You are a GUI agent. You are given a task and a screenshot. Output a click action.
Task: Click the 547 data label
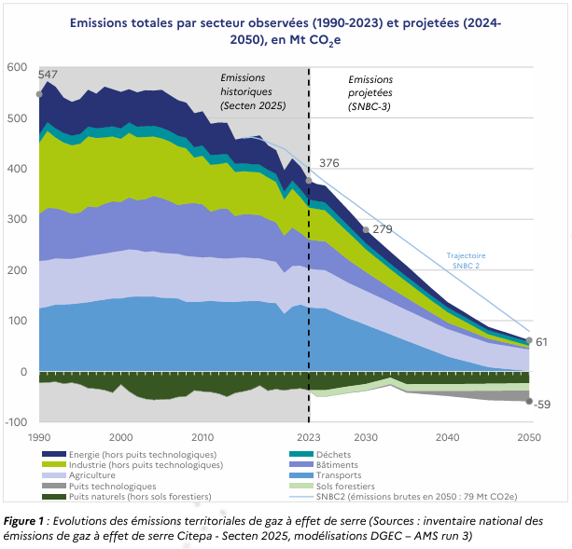coord(48,74)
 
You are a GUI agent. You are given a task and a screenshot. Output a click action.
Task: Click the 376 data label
coord(329,163)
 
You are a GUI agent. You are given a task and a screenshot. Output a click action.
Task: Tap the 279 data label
coord(383,228)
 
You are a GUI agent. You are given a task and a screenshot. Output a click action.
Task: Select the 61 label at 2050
coord(541,342)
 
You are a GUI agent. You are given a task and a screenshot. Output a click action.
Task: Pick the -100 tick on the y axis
coord(16,422)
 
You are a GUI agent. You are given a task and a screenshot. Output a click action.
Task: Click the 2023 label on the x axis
coord(309,437)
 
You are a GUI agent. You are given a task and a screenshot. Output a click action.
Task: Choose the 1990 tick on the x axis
coord(39,437)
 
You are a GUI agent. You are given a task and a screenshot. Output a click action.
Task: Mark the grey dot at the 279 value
coord(366,229)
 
